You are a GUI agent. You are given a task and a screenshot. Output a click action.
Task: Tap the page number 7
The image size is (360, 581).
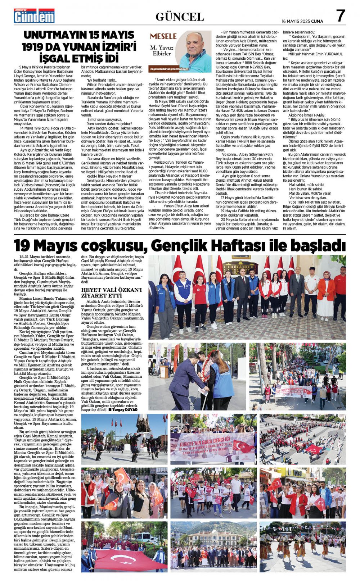(x=340, y=16)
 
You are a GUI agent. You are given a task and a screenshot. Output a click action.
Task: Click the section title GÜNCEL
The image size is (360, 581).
(x=180, y=17)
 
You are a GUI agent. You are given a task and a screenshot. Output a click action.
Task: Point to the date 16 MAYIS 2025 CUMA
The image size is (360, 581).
(x=302, y=21)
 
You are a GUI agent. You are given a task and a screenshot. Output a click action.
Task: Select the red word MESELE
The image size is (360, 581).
(x=163, y=36)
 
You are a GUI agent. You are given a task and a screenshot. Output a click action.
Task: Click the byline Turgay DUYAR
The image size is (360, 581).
(x=125, y=410)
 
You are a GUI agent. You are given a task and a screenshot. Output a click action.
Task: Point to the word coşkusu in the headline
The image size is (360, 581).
(x=108, y=246)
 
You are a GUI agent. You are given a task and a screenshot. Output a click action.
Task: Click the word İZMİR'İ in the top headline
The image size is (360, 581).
(x=115, y=47)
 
